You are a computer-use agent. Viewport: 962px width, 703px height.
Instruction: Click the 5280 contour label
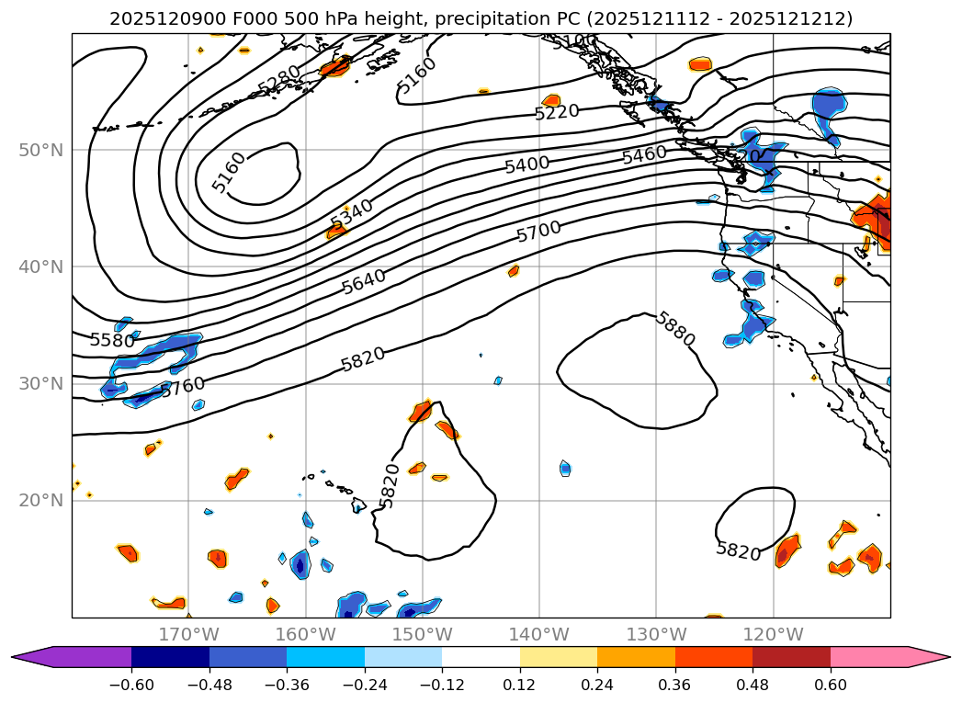click(279, 79)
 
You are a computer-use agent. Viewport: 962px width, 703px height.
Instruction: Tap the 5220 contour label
click(557, 112)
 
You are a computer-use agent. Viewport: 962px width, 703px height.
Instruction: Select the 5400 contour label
click(526, 164)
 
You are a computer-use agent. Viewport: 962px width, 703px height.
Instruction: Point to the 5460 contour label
click(644, 154)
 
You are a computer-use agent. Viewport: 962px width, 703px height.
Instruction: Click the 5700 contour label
click(538, 232)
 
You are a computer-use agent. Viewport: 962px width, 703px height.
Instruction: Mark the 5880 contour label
click(675, 329)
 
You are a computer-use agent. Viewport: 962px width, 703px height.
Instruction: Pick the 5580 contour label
click(112, 340)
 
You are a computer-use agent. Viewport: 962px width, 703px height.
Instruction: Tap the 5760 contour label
click(183, 387)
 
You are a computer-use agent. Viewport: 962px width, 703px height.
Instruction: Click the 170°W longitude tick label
click(188, 634)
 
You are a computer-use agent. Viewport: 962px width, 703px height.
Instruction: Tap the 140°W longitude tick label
click(539, 634)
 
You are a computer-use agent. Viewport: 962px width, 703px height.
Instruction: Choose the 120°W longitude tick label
click(773, 634)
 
